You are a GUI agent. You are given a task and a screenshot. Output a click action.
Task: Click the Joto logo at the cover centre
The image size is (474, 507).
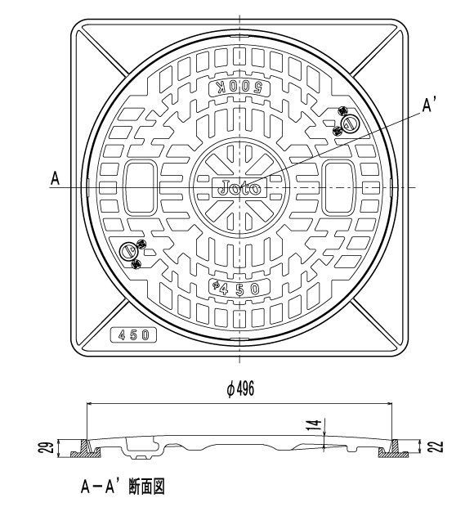(239, 187)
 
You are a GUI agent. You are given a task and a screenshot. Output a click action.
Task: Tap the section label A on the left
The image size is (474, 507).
(56, 177)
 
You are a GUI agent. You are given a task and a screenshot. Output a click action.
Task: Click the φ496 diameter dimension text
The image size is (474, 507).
(240, 390)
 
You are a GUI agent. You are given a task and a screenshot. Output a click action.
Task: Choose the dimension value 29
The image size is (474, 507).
(48, 446)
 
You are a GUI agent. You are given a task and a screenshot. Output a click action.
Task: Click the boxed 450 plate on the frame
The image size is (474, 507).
(134, 334)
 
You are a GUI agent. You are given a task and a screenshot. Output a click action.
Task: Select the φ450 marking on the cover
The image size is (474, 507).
(237, 288)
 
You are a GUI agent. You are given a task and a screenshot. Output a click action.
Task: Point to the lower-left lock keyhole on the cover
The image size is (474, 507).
(129, 251)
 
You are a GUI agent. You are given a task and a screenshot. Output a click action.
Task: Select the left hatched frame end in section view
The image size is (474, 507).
(82, 449)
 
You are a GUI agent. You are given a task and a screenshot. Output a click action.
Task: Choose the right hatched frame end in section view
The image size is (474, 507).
(400, 449)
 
